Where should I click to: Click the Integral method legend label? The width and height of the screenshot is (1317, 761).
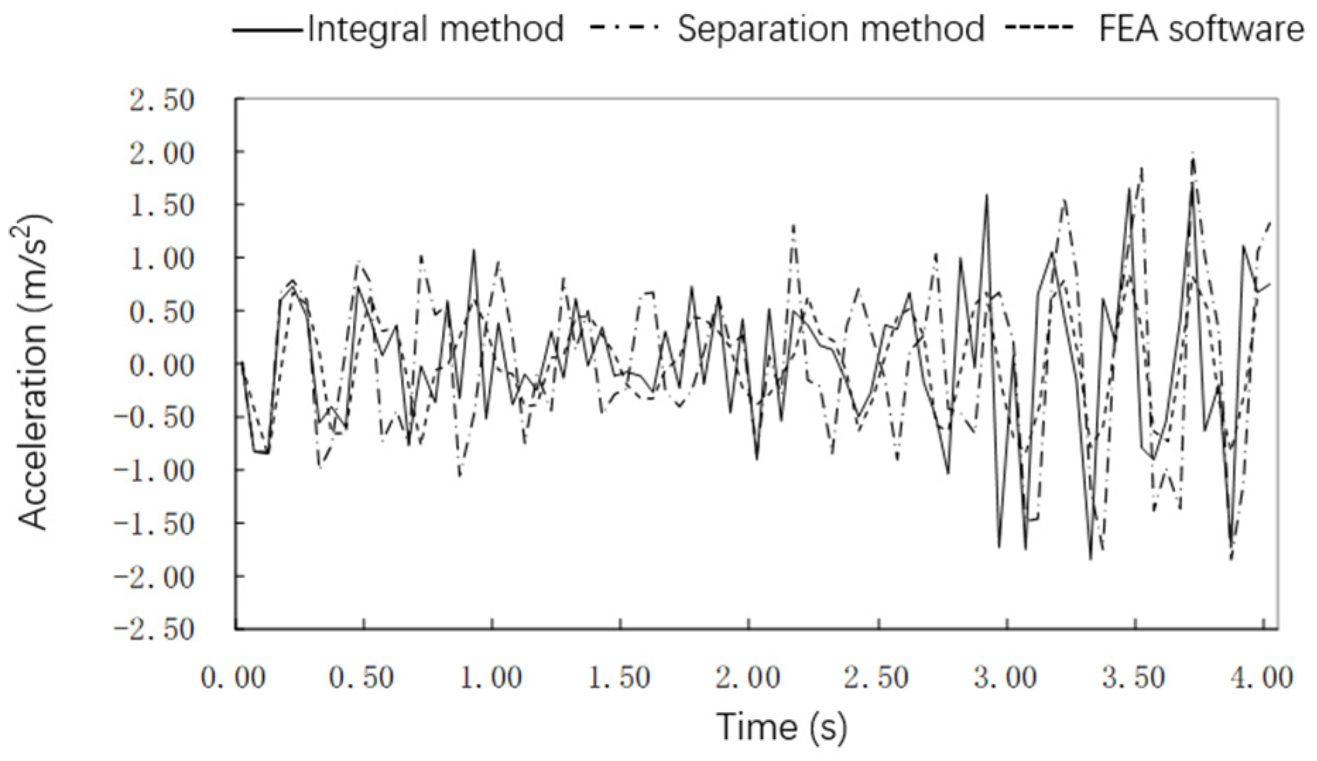(x=435, y=30)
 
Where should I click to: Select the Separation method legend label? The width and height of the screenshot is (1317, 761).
(x=831, y=30)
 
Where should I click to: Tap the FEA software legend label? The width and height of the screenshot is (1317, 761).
(x=1201, y=30)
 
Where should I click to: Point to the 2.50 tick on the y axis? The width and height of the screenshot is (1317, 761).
(x=162, y=101)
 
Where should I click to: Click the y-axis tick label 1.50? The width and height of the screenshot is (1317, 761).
(x=162, y=206)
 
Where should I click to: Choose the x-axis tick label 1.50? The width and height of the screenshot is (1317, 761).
(x=620, y=678)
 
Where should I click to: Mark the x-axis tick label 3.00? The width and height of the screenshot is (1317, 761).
(x=1005, y=678)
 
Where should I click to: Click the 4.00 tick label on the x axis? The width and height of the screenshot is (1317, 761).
(x=1263, y=678)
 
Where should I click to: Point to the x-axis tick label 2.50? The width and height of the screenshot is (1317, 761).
(x=877, y=678)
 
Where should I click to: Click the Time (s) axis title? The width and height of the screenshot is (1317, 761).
(x=781, y=726)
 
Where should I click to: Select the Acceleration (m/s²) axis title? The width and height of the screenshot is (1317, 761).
(x=33, y=372)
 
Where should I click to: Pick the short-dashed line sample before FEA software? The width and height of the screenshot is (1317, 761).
(x=1040, y=30)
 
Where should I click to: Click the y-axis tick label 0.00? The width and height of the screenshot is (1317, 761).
(x=162, y=365)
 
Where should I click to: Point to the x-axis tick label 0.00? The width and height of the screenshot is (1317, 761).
(x=234, y=678)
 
